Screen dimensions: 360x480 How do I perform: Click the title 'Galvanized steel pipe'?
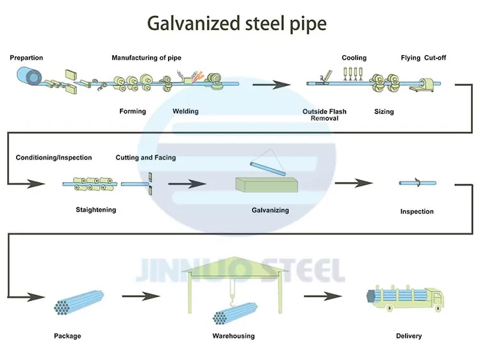point(236,24)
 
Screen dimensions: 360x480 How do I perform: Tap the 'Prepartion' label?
point(26,58)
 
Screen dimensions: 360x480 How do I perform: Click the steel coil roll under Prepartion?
point(26,78)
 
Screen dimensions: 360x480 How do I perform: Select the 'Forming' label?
point(133,111)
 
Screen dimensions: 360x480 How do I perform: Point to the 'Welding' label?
point(185,111)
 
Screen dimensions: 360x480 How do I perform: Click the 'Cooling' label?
point(354,58)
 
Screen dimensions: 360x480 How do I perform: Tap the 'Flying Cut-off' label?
point(423,58)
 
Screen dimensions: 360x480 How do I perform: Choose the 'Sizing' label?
point(384,112)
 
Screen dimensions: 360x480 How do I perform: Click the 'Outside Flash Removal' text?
point(324,115)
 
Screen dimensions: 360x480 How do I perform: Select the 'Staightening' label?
point(96,210)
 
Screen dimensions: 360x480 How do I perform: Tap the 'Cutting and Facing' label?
point(145,158)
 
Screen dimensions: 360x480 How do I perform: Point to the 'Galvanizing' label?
point(270,210)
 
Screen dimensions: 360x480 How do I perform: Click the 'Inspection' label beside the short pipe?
point(417,211)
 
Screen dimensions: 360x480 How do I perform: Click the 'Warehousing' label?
point(233,336)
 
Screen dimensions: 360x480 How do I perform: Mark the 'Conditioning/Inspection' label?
point(54,158)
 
